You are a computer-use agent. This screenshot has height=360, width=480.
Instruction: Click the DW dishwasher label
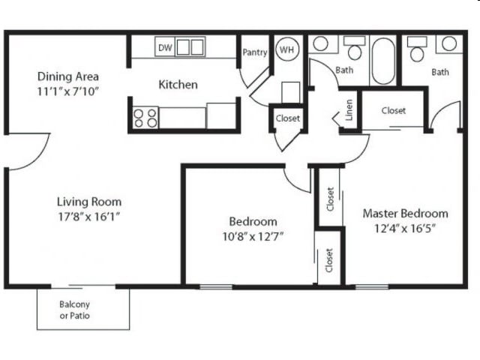pyautogui.click(x=166, y=48)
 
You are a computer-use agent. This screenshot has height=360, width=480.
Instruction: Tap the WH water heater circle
pyautogui.click(x=286, y=49)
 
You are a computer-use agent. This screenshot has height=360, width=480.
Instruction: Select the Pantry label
pyautogui.click(x=255, y=52)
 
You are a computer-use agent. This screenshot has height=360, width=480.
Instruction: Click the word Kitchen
pyautogui.click(x=178, y=84)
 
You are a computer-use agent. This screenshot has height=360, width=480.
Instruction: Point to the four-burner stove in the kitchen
pyautogui.click(x=145, y=117)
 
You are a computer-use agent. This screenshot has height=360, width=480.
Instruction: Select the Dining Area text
pyautogui.click(x=68, y=76)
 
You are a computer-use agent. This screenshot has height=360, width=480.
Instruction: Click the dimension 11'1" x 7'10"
pyautogui.click(x=68, y=91)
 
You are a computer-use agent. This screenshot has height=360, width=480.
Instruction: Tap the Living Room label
pyautogui.click(x=89, y=202)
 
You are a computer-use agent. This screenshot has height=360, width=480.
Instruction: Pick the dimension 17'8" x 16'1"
pyautogui.click(x=89, y=216)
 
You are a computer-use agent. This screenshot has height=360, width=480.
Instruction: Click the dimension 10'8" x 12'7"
pyautogui.click(x=253, y=235)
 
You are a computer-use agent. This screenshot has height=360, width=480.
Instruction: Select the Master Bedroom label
pyautogui.click(x=405, y=213)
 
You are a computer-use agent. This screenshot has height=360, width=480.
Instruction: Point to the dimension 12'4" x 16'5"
pyautogui.click(x=405, y=228)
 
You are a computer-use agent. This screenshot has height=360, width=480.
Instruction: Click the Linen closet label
pyautogui.click(x=349, y=111)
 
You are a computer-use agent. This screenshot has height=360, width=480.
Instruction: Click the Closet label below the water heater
pyautogui.click(x=287, y=118)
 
